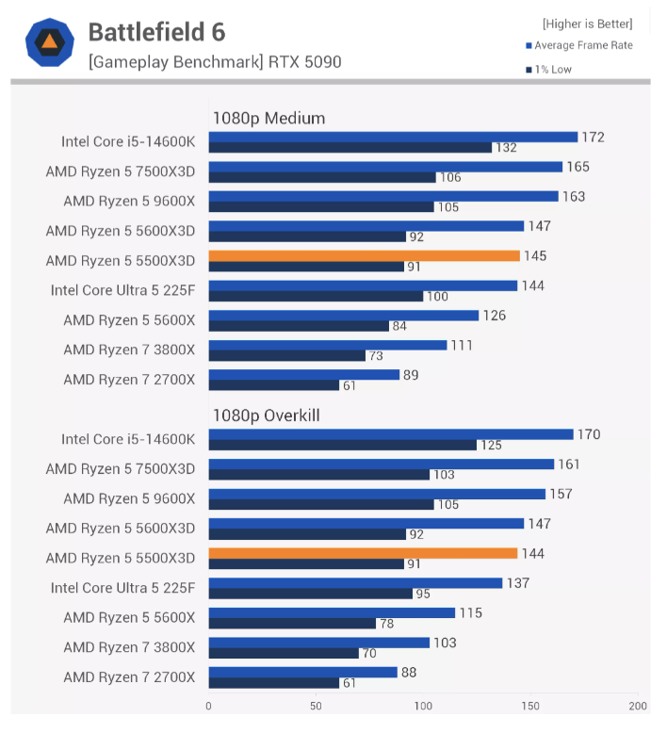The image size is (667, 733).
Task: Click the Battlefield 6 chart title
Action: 156,32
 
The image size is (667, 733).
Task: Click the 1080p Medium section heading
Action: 268,118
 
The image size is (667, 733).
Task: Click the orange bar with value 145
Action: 364,255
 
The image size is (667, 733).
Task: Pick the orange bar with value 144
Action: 363,553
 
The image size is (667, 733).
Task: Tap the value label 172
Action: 593,138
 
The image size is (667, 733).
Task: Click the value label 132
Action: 506,148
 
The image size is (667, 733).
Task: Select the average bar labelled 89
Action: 303,375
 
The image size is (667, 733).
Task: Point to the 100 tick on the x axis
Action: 423,705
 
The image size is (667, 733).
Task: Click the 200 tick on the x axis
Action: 638,705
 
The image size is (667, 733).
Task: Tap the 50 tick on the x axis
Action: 316,705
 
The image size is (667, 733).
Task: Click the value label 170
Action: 588,434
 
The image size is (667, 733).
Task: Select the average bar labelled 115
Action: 332,612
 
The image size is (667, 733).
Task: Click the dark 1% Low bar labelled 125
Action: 342,445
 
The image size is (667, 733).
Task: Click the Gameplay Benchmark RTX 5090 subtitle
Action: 215,62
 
